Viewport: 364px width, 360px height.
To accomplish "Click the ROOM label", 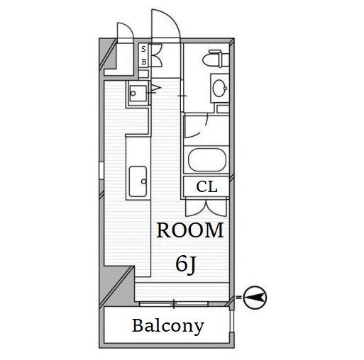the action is pyautogui.click(x=190, y=230).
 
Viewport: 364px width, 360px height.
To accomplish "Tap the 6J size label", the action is pyautogui.click(x=186, y=265).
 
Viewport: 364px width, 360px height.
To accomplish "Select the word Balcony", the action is pyautogui.click(x=168, y=326).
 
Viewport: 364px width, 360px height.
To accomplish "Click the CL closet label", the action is pyautogui.click(x=206, y=186).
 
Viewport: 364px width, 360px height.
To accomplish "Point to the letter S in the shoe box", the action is pyautogui.click(x=143, y=49).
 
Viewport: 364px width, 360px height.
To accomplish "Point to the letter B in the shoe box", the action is pyautogui.click(x=144, y=62).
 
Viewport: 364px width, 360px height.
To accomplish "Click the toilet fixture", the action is pyautogui.click(x=216, y=59).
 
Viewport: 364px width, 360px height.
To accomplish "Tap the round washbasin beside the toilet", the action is pyautogui.click(x=220, y=89).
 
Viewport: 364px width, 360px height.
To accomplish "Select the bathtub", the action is pyautogui.click(x=207, y=160).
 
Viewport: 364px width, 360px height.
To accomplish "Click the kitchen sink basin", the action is pyautogui.click(x=138, y=181).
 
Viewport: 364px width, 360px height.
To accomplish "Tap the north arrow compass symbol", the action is pyautogui.click(x=255, y=298).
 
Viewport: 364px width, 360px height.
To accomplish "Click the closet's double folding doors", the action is pyautogui.click(x=206, y=208).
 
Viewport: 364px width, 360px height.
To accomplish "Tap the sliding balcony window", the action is pyautogui.click(x=174, y=304).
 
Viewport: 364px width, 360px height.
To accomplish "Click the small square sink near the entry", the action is pyautogui.click(x=138, y=94).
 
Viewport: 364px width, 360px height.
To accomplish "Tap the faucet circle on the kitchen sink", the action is pyautogui.click(x=143, y=181).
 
